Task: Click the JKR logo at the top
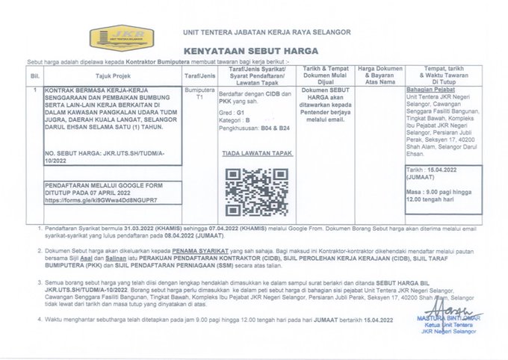121,37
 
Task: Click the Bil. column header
34,76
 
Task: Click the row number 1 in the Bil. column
34,90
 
